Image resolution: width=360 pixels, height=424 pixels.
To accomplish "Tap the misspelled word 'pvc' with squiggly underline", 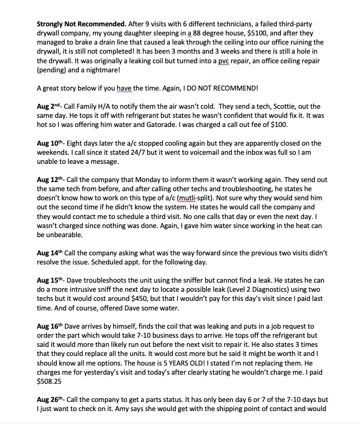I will click(224, 61).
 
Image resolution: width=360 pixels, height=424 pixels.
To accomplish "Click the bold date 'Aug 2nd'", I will click(50, 107).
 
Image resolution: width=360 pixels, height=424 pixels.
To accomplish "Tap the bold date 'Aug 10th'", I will click(51, 143).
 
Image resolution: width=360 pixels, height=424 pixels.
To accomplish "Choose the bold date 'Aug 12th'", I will click(51, 180).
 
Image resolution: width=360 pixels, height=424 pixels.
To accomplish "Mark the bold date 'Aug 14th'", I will click(51, 252).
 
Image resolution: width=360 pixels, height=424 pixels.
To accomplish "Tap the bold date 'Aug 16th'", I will click(51, 326).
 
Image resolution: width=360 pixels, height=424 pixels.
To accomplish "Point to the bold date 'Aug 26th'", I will click(51, 400).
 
